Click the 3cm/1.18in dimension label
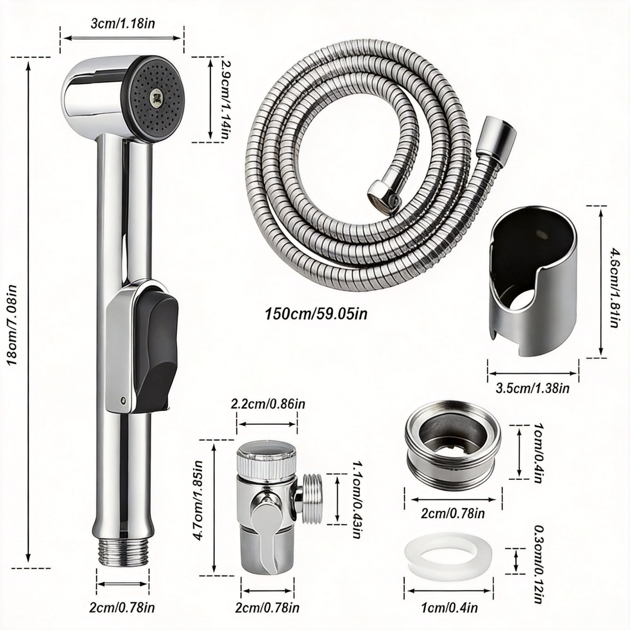[x=122, y=24]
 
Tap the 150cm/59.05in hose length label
[x=316, y=314]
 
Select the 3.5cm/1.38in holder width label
[x=532, y=388]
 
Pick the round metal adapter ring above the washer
[x=453, y=448]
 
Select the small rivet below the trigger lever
[x=123, y=399]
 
